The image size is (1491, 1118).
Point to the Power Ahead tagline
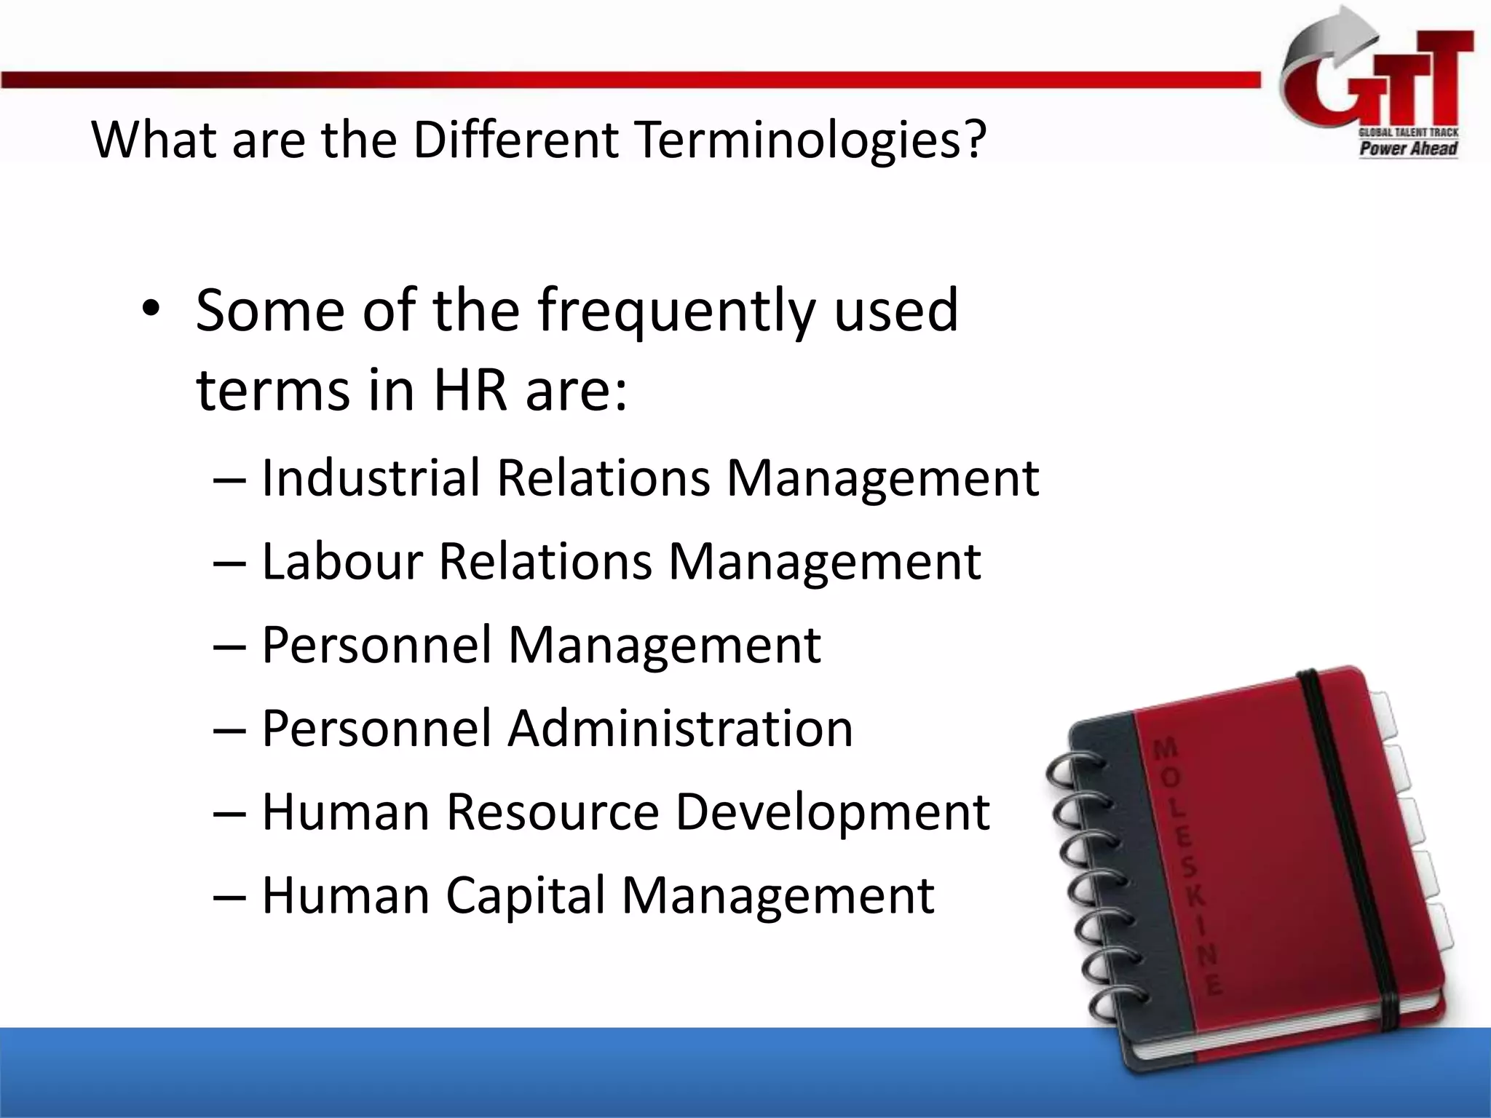(1408, 149)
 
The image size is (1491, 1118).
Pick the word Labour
(342, 561)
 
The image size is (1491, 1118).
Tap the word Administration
(680, 728)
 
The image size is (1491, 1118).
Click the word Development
(832, 812)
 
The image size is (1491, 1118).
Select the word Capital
(526, 895)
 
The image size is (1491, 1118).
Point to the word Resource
(553, 812)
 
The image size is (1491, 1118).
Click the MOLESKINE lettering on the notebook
(1187, 866)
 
